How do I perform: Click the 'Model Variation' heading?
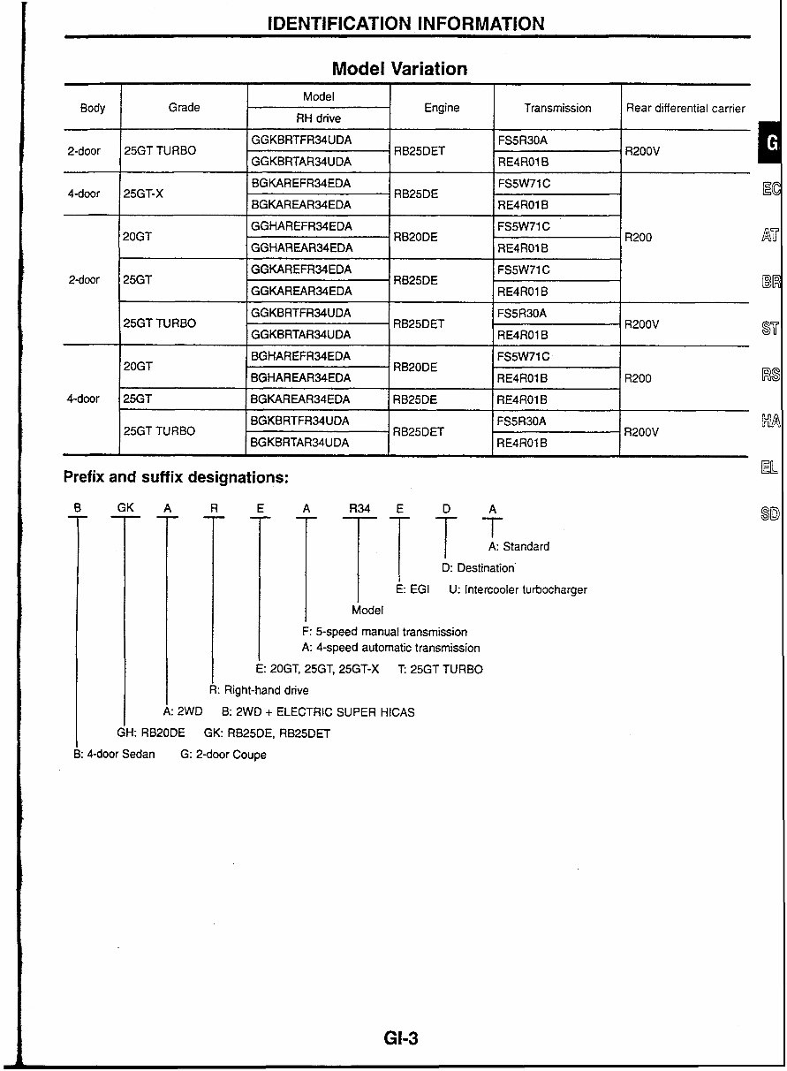click(x=399, y=69)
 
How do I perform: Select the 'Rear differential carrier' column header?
click(x=685, y=109)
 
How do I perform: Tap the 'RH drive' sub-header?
click(x=318, y=118)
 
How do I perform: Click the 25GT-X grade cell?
click(x=143, y=194)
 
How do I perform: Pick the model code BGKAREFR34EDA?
click(x=300, y=184)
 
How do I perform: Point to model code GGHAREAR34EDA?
click(x=300, y=248)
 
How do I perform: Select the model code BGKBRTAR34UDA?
click(x=299, y=443)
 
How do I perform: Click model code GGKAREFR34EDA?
click(x=300, y=270)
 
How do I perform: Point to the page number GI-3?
click(x=401, y=1039)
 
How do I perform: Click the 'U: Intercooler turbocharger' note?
click(x=518, y=589)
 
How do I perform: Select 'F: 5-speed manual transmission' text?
click(x=384, y=633)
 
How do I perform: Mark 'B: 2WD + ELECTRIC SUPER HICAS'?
click(x=318, y=711)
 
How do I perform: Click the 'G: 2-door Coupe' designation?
click(x=223, y=755)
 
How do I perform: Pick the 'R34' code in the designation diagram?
click(x=359, y=508)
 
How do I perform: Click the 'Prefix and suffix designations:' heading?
click(x=176, y=477)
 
